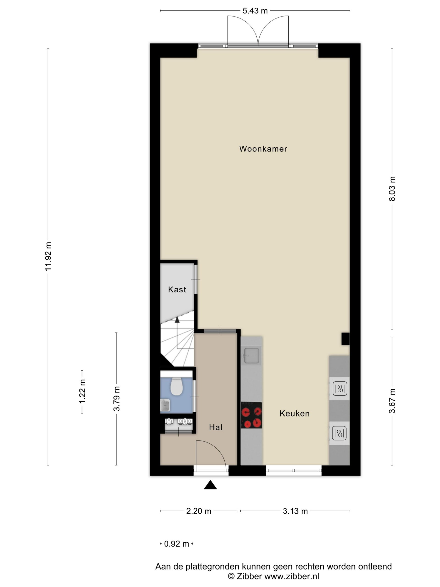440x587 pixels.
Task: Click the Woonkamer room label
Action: pos(263,149)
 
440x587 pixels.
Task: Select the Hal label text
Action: pos(215,427)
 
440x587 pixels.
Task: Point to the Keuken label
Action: pos(294,413)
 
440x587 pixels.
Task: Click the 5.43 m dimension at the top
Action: pos(255,11)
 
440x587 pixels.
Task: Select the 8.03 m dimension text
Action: pos(392,188)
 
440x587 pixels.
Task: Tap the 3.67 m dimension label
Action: pos(392,401)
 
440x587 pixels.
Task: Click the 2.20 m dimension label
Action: pos(199,511)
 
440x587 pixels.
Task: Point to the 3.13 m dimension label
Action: pos(295,511)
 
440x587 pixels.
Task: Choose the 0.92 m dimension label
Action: pos(176,544)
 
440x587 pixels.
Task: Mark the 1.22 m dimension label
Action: pos(82,391)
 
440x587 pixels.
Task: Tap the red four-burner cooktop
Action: pos(251,415)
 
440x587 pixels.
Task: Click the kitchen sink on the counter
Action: pos(251,356)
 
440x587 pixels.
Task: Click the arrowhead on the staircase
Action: pos(177,320)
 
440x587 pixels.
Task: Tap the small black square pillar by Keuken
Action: pos(345,339)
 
